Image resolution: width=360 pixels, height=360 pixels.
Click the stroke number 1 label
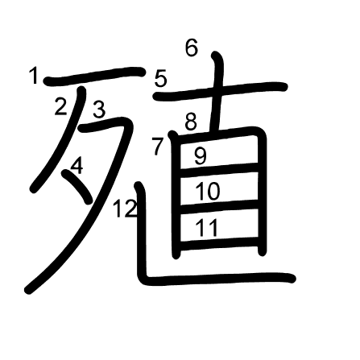click(34, 76)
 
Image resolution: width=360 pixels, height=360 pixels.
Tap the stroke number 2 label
click(60, 106)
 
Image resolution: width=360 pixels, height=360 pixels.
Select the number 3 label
click(99, 110)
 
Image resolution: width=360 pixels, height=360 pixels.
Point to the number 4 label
click(77, 166)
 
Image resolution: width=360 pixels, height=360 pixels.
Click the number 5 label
click(161, 78)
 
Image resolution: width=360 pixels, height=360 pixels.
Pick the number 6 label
click(192, 48)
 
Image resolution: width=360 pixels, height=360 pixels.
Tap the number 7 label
click(158, 146)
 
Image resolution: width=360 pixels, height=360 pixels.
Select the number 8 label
click(191, 122)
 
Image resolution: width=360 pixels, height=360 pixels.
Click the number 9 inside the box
click(201, 156)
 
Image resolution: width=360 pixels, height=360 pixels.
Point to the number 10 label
click(208, 191)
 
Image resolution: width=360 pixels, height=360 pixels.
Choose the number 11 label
click(206, 227)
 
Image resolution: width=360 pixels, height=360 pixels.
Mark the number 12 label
click(125, 209)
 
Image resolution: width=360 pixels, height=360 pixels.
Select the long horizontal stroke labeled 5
click(220, 91)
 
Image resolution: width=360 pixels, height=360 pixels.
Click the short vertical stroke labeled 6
click(218, 91)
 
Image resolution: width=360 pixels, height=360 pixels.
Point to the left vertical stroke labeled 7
click(176, 195)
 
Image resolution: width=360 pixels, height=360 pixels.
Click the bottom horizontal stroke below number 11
click(219, 243)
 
